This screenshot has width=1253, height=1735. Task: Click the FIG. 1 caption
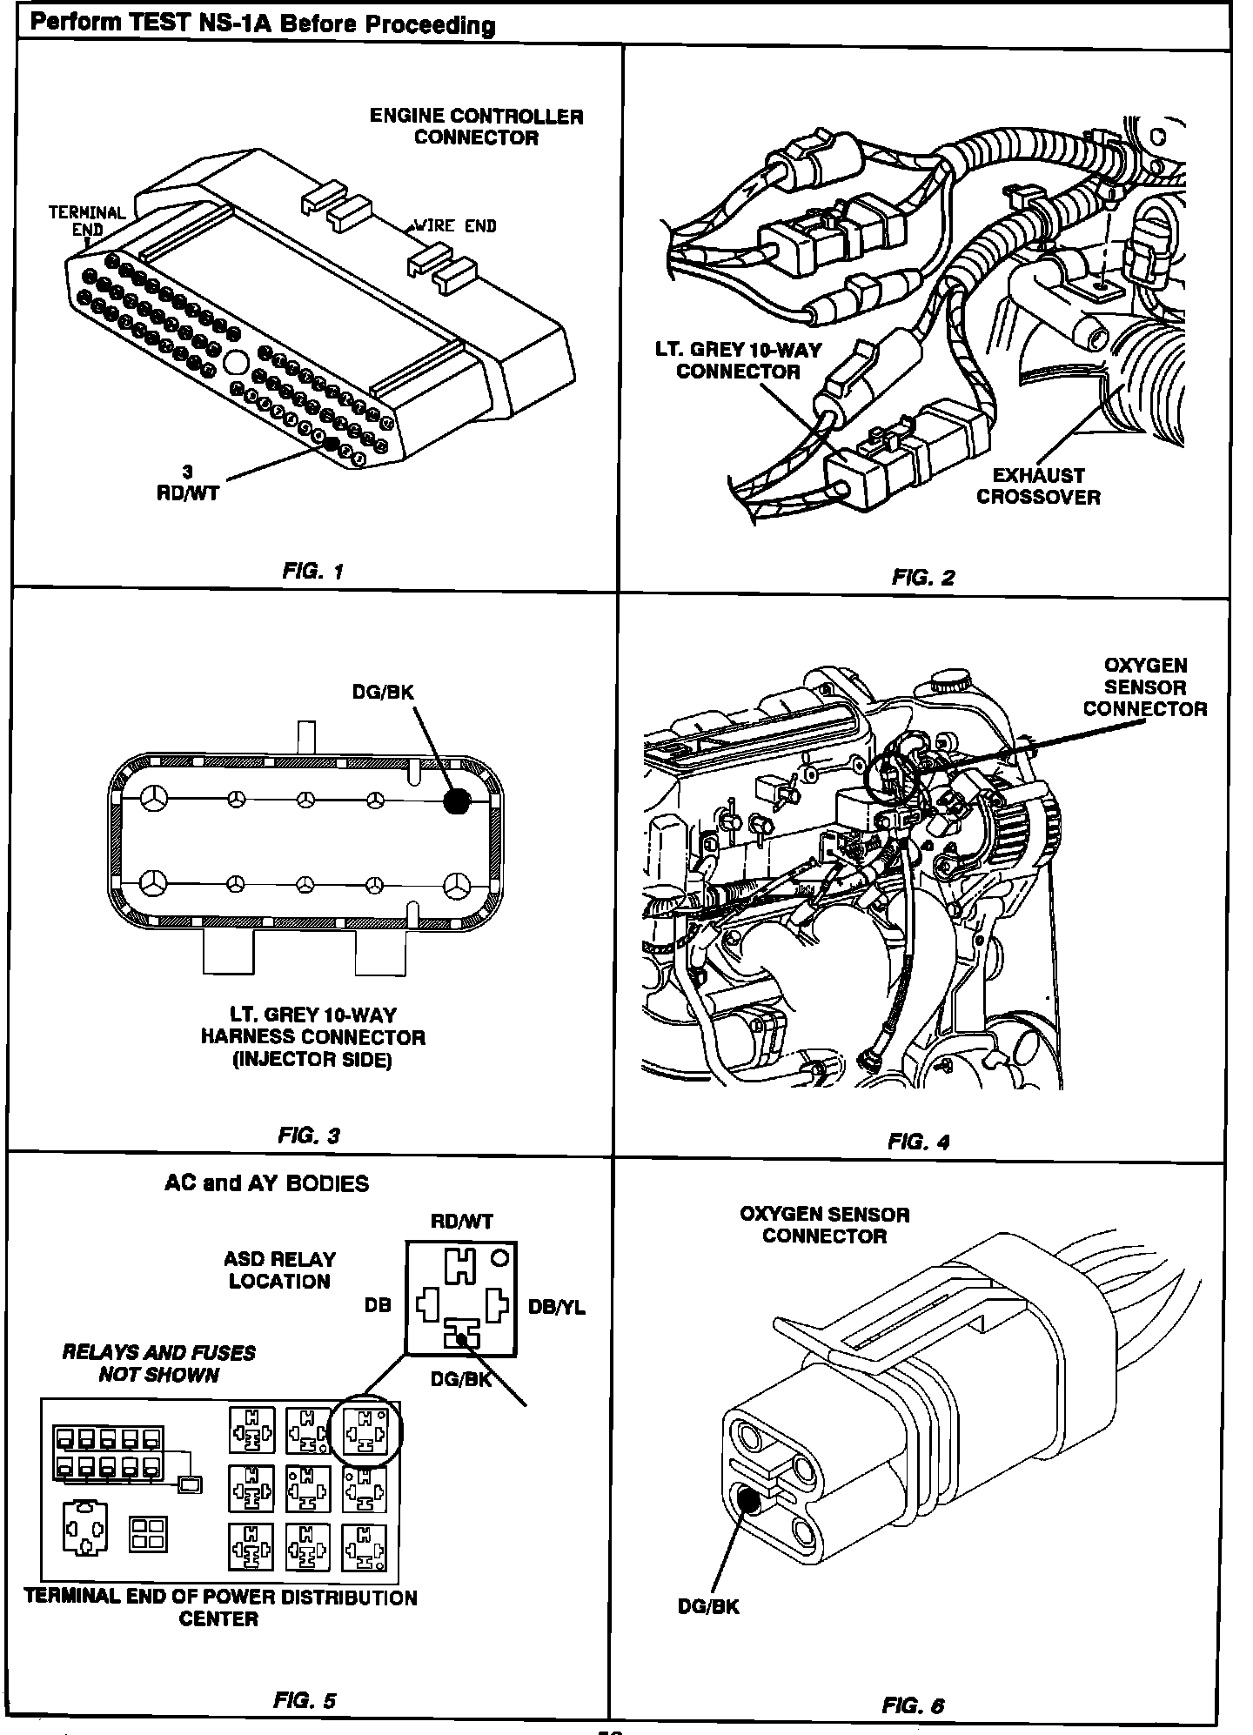point(313,572)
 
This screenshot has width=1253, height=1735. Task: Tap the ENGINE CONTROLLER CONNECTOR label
point(476,127)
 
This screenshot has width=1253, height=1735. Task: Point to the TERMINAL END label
point(87,221)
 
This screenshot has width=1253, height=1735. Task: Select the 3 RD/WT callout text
point(188,483)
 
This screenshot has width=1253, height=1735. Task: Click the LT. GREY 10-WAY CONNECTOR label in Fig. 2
point(738,360)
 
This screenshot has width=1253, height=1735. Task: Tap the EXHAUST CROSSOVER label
point(1038,486)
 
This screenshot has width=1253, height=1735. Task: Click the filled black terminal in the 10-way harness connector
point(456,801)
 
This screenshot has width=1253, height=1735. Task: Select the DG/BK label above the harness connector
point(383,693)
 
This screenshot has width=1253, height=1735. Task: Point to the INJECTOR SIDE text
point(312,1060)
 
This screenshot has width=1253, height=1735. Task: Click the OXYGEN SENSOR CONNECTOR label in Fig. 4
point(1145,687)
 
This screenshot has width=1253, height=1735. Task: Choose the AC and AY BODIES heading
point(266,1183)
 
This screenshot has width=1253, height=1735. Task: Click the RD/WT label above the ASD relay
point(461,1222)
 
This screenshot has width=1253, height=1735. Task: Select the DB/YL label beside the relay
point(557,1308)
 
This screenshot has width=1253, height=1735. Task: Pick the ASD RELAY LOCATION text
point(279,1270)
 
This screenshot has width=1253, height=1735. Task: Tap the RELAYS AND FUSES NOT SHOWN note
point(159,1363)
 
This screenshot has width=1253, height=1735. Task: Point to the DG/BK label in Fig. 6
point(708,1607)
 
